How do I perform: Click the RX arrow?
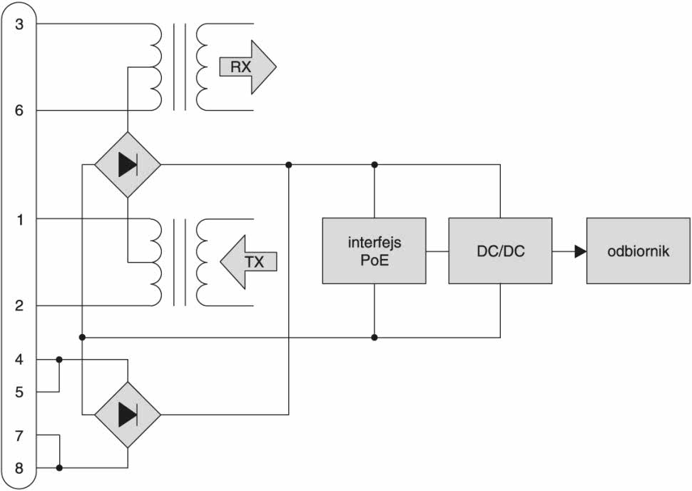pos(246,67)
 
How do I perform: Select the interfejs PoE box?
pos(374,250)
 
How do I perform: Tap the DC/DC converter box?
pos(500,250)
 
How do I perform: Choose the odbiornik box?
pos(638,250)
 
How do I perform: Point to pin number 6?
pos(20,111)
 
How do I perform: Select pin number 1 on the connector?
pos(20,219)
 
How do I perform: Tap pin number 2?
pos(20,306)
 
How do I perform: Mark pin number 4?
pos(20,360)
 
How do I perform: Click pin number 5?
pos(20,392)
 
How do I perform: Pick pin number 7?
pos(20,435)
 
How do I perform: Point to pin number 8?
pos(20,469)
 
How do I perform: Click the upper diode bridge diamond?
pos(128,165)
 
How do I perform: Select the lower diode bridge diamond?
pos(128,414)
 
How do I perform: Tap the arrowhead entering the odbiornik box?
pos(580,250)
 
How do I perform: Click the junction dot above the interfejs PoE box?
pos(374,165)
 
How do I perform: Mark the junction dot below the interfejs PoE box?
pos(374,337)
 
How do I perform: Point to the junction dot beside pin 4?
pos(59,360)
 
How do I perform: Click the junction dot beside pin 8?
pos(59,469)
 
